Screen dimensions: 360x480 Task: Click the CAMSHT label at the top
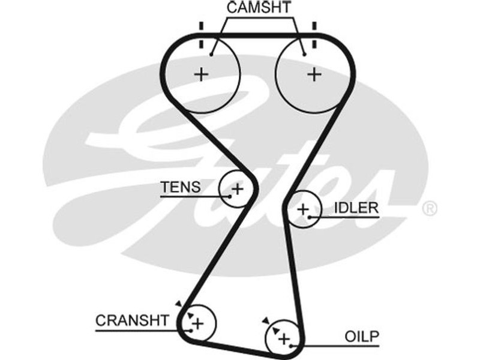pos(259,8)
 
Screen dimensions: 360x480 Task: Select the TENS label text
pos(180,187)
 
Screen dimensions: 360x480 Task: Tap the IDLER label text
pos(356,208)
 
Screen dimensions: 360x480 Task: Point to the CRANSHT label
pos(133,320)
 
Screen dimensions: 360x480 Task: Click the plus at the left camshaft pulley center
pos(202,74)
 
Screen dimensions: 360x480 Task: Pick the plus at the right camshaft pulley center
pos(313,74)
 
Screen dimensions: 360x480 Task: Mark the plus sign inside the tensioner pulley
pos(238,189)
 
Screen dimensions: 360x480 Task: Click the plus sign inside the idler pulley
pos(303,209)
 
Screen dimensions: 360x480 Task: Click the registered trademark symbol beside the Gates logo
pos(430,208)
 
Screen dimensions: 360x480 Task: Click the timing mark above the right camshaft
pos(314,28)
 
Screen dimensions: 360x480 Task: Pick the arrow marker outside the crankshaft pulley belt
pos(178,304)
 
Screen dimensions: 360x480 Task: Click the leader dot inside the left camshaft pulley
pos(212,55)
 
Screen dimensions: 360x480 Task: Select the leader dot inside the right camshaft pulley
pos(304,55)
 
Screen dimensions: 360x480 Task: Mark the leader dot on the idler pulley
pos(310,217)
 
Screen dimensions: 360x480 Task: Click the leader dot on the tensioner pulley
pos(230,196)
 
